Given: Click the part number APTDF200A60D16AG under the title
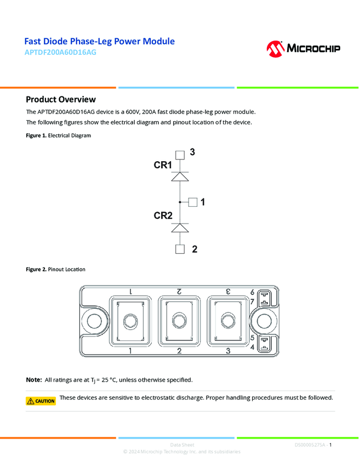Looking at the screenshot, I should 61,53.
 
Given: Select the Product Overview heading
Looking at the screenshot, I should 61,99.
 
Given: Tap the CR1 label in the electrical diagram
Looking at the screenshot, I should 163,165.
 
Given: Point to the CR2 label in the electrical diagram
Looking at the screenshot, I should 163,216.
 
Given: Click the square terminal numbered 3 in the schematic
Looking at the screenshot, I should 180,155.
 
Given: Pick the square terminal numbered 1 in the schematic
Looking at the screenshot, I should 192,202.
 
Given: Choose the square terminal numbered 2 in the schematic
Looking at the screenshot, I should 180,249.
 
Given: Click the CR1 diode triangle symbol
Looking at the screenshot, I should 180,177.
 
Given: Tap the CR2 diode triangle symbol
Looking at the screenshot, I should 180,228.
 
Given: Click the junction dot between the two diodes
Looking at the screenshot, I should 180,202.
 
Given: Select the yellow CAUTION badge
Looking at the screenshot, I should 41,401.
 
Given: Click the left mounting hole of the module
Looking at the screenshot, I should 92,320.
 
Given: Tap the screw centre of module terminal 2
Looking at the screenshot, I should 179,320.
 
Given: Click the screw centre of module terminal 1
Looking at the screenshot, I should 130,320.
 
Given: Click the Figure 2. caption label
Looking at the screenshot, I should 36,270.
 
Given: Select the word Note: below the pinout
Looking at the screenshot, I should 34,380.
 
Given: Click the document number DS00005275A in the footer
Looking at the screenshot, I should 310,445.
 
